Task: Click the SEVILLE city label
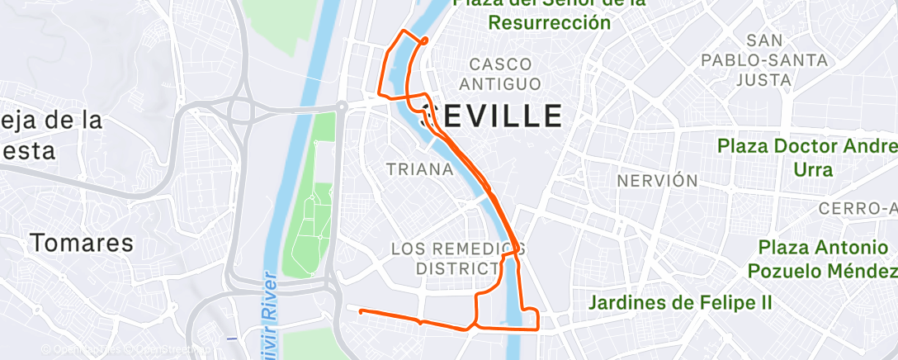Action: (492, 114)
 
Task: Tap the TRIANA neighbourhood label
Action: (420, 169)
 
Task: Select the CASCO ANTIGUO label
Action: (500, 73)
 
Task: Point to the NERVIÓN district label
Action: (657, 180)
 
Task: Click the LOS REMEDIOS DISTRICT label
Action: (457, 258)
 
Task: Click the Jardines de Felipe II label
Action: (680, 303)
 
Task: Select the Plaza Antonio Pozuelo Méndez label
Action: (822, 258)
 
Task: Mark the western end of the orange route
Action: (360, 311)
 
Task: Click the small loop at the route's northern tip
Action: (424, 40)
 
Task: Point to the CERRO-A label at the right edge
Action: (858, 207)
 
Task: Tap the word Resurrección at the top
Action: (550, 22)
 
